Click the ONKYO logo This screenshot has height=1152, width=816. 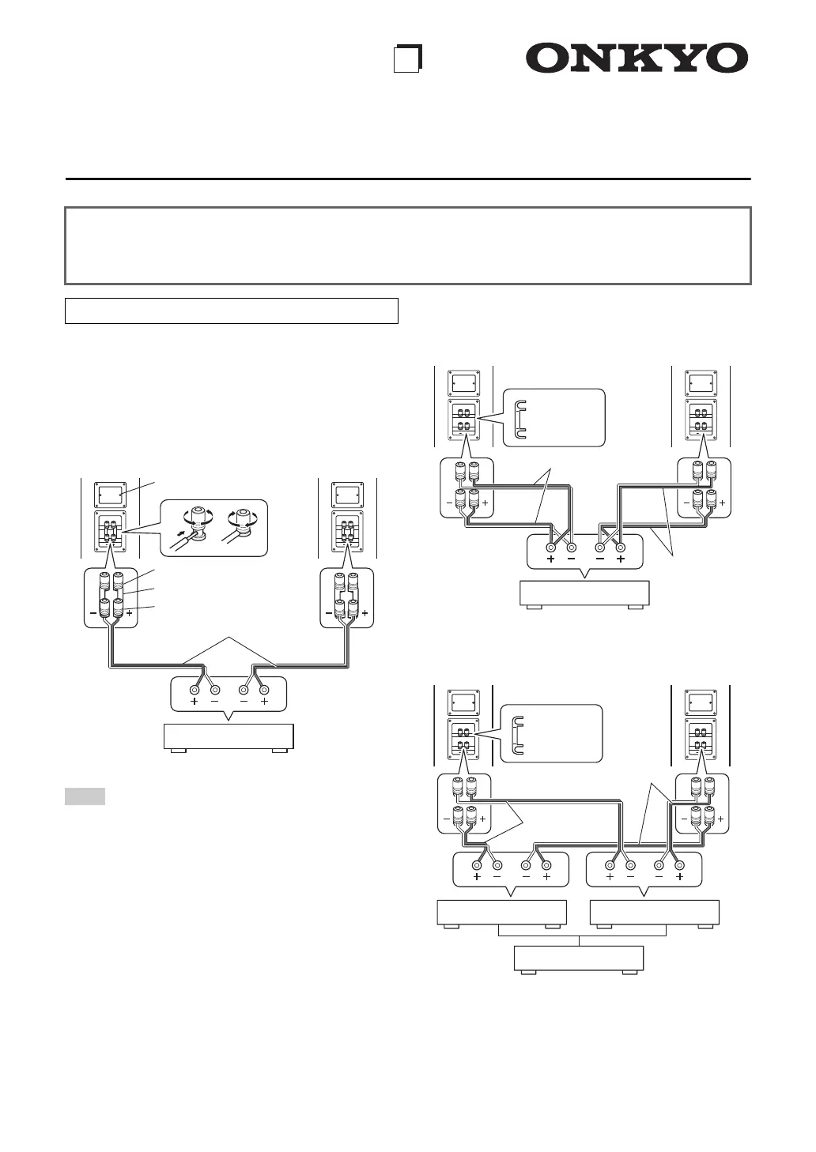637,59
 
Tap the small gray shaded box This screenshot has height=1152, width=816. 85,796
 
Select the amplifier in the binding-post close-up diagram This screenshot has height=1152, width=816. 229,736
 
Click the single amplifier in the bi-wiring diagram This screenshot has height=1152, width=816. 584,593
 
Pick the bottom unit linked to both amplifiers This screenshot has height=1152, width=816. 579,958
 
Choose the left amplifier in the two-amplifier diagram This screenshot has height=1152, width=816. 502,913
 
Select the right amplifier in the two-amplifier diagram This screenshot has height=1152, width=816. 655,913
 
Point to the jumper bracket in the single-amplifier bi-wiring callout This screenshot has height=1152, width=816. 519,418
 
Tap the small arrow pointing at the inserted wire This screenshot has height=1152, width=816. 184,533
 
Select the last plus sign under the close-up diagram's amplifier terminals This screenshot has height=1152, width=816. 264,701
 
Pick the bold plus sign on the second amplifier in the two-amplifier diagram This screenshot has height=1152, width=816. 679,876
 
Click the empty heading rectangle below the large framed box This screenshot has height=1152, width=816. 231,311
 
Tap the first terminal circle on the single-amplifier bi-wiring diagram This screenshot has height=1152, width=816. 550,547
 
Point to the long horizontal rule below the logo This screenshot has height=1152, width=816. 408,179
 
